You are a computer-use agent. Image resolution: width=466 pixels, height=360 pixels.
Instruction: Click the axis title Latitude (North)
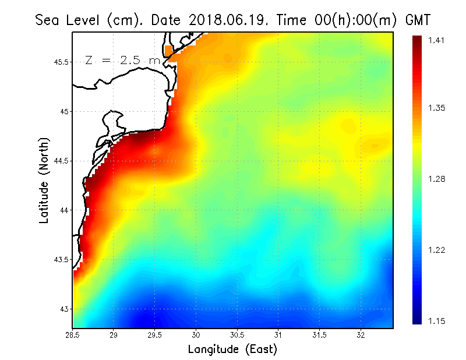pos(44,181)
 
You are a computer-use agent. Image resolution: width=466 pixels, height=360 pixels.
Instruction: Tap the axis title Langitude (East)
pos(232,350)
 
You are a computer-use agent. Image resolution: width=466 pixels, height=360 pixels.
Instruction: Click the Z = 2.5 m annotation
pos(122,61)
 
